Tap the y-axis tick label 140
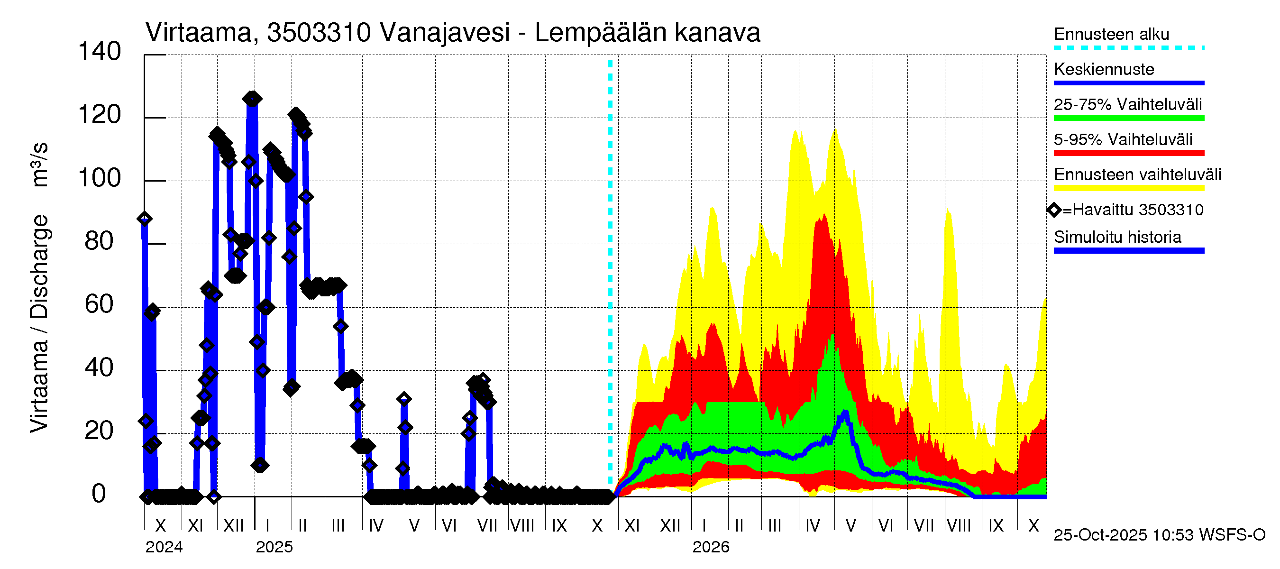[100, 52]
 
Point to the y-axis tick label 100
[100, 178]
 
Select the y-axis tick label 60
[100, 304]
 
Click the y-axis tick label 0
[99, 494]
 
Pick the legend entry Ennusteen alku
[1111, 34]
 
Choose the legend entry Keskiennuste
[1104, 69]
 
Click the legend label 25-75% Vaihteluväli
[1127, 104]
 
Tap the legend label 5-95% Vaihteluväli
[1123, 139]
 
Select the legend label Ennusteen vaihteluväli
[1137, 174]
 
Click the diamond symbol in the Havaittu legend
[1054, 210]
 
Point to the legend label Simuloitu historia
[1117, 237]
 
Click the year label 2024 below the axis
[164, 547]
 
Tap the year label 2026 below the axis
[711, 547]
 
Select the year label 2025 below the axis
[274, 547]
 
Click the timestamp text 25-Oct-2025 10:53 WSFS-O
[1159, 535]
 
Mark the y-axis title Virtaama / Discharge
[39, 323]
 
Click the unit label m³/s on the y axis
[39, 164]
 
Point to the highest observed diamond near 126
[252, 99]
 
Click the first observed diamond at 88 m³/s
[145, 219]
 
